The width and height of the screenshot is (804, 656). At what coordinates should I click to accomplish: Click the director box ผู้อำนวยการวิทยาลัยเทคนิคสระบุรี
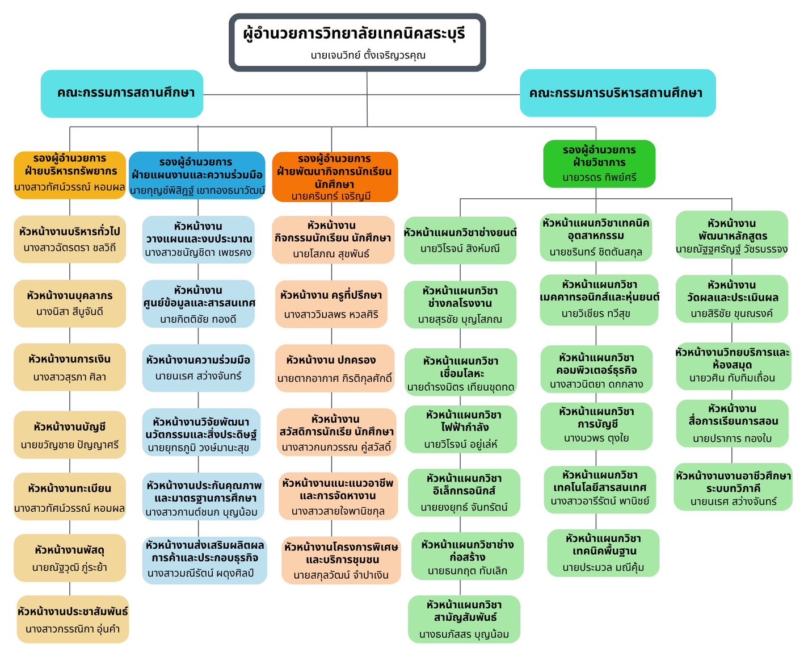coord(357,43)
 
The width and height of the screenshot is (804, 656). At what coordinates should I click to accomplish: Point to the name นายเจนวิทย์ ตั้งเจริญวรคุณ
coord(368,56)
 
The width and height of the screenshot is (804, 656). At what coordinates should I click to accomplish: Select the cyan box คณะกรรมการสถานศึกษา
coord(122,94)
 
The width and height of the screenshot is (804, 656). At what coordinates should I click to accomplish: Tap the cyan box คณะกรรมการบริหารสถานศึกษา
coord(617,93)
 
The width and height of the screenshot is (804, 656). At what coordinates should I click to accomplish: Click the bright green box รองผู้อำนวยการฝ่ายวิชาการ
coord(599,164)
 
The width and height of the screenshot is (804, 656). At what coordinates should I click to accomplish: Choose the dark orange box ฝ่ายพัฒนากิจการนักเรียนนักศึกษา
coord(335,177)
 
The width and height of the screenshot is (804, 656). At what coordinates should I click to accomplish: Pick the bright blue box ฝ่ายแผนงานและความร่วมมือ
coord(197,176)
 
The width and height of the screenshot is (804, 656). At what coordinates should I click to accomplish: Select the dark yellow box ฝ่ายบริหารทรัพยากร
coord(70,175)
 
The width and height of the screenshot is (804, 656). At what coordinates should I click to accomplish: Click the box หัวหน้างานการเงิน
coord(70,367)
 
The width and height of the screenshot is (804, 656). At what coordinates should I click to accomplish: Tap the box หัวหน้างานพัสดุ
coord(70,558)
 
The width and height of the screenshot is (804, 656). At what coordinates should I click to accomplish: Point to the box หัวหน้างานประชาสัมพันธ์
coord(73,619)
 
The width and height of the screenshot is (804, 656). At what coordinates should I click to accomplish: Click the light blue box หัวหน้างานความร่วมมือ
coord(198,367)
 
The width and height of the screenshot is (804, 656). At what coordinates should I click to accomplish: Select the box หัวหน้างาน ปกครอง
coord(334,368)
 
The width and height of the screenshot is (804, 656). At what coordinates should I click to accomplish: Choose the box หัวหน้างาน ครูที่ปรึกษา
coord(331,304)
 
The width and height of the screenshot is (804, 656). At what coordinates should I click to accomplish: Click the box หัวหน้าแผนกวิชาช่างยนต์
coord(460,240)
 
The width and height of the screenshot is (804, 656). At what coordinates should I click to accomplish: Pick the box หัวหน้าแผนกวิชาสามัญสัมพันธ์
coord(464,619)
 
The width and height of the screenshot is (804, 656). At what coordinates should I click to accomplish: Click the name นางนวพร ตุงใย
coord(596,438)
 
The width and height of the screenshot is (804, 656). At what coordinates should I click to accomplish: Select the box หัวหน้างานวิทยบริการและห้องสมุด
coord(732,365)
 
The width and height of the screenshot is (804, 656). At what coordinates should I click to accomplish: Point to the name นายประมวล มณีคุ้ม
coord(603,567)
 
